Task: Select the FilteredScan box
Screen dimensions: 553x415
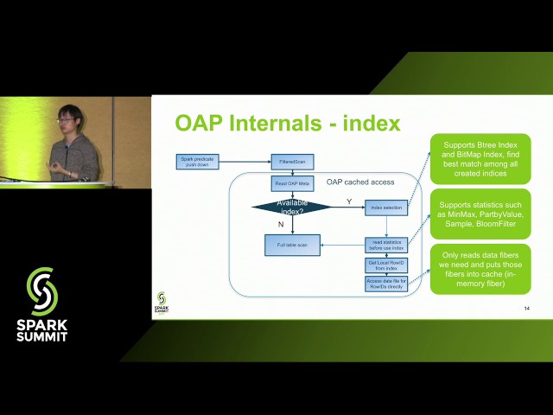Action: tap(293, 162)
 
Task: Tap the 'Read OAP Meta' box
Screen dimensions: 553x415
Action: tap(293, 183)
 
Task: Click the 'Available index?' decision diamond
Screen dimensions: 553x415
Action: tap(292, 207)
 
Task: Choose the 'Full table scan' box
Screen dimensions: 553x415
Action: tap(292, 246)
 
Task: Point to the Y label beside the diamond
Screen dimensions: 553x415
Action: tap(349, 201)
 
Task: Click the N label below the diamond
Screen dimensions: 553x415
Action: tap(281, 224)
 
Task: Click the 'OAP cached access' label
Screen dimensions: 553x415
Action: tap(360, 182)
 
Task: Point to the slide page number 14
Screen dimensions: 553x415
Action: tap(526, 309)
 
